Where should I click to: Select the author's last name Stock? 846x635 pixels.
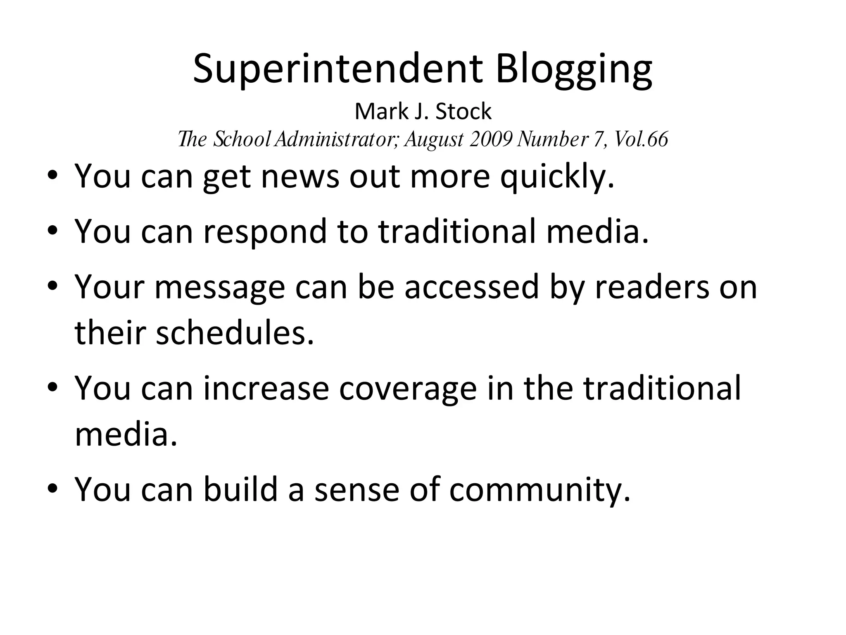pos(463,112)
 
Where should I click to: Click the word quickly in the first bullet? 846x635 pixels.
pos(557,177)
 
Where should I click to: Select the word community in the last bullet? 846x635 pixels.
pos(539,490)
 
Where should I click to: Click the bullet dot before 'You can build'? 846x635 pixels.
pos(52,489)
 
